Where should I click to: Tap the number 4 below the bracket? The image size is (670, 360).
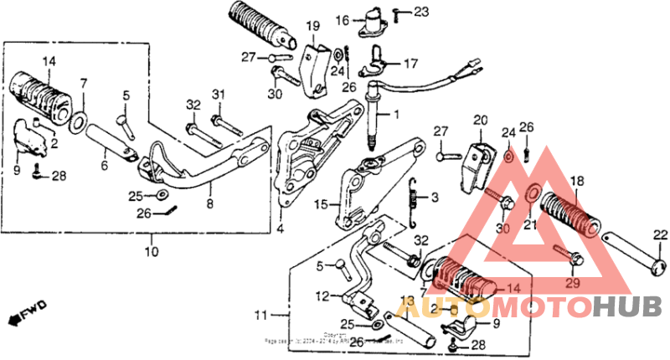tap(280, 228)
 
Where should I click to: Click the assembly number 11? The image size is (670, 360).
tap(261, 316)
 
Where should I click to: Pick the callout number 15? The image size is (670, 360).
tap(320, 203)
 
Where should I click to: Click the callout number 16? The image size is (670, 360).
tap(342, 19)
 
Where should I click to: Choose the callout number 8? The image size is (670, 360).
tap(209, 202)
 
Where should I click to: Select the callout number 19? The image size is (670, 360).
tap(312, 27)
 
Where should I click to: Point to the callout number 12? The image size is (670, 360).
tap(322, 296)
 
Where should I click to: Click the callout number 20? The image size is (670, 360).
tap(479, 121)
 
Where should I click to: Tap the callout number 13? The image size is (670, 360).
tap(408, 300)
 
